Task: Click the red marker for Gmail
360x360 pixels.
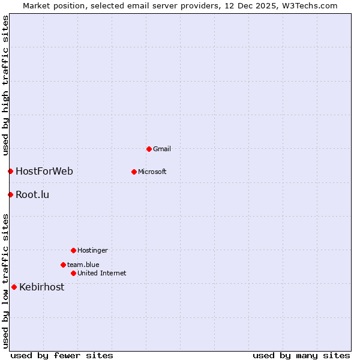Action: [x=149, y=149]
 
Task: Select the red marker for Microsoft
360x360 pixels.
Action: [x=134, y=172]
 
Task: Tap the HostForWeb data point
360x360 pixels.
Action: [x=10, y=172]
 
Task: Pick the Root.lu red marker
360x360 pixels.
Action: [x=10, y=194]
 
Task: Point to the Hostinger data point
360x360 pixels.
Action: [x=73, y=250]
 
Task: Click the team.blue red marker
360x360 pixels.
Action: [x=63, y=265]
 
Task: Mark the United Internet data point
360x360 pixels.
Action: [x=73, y=273]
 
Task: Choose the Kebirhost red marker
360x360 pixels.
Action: [x=14, y=287]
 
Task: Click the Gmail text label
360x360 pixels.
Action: [x=162, y=149]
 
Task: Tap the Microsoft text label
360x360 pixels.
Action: [x=152, y=172]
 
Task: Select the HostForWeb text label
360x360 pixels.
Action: [x=44, y=172]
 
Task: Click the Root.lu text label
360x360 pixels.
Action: [x=32, y=194]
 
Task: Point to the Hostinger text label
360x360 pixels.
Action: [x=92, y=250]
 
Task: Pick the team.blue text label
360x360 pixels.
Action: [x=83, y=265]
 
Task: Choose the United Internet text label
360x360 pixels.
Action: [x=101, y=273]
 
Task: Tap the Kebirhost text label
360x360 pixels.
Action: [x=41, y=287]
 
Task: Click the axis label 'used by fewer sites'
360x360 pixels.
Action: [x=62, y=355]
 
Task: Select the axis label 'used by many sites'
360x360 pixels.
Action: [x=301, y=355]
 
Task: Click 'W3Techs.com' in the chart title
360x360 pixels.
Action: [x=309, y=6]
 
